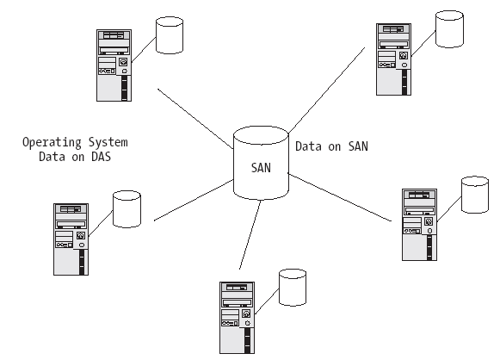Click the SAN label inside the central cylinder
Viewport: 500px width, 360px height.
(261, 168)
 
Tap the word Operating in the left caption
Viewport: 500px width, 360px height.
(52, 142)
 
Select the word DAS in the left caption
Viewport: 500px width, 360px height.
(102, 157)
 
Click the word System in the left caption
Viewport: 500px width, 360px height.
(108, 142)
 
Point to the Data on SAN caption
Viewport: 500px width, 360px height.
(331, 146)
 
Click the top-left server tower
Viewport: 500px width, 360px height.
(114, 65)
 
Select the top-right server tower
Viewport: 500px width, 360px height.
(393, 59)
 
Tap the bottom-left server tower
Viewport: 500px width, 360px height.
(71, 239)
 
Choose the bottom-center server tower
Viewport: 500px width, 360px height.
(237, 318)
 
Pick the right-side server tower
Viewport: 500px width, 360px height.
(419, 225)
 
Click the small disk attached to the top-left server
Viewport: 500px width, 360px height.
(170, 35)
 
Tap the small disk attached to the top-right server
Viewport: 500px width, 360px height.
(449, 29)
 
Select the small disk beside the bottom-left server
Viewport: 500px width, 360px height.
(127, 209)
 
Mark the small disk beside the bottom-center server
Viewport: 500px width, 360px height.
(293, 288)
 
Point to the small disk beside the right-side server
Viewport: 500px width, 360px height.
(475, 195)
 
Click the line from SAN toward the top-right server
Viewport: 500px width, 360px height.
(327, 90)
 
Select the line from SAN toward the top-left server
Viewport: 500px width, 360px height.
(195, 119)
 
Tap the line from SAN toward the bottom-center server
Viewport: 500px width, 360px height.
(250, 234)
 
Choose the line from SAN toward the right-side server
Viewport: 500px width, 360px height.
(340, 197)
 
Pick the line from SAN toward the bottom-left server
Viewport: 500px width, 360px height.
(194, 200)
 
